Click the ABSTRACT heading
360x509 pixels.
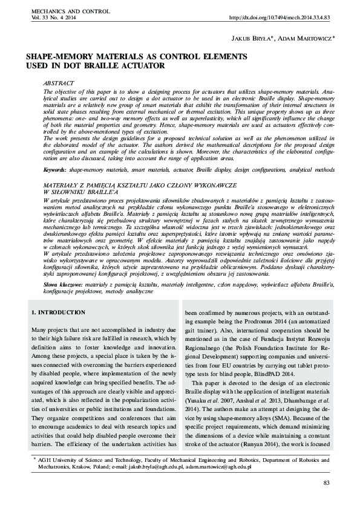pyautogui.click(x=59, y=82)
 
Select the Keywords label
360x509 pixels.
pyautogui.click(x=56, y=171)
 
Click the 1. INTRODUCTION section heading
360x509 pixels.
pyautogui.click(x=58, y=313)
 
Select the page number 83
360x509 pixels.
pyautogui.click(x=327, y=482)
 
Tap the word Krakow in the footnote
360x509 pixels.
pyautogui.click(x=88, y=467)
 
